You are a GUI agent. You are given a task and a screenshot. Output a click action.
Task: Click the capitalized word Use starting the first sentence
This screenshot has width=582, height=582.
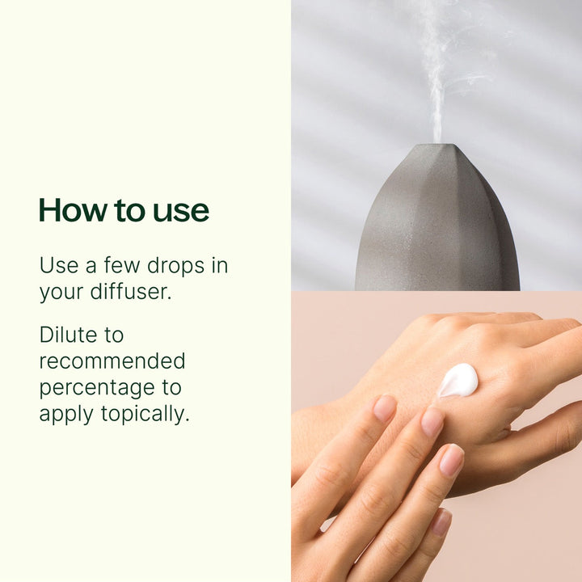pos(57,266)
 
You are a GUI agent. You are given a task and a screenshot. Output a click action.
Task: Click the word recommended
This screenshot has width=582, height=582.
pos(112,361)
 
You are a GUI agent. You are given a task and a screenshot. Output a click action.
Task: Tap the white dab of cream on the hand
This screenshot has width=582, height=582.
pos(458,380)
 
